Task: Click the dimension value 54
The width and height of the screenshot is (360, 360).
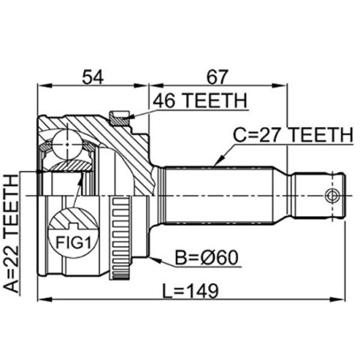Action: pos(93,77)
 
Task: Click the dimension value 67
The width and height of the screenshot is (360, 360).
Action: pos(217,77)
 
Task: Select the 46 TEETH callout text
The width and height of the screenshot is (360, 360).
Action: pos(200,101)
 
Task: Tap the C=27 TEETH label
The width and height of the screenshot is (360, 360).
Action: pos(293,135)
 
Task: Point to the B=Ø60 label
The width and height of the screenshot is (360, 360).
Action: pos(206,257)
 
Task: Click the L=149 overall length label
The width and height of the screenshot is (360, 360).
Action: pos(190,291)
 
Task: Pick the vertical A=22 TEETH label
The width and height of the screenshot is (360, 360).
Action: pos(11,233)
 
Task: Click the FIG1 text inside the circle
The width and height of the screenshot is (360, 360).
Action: pos(73,242)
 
